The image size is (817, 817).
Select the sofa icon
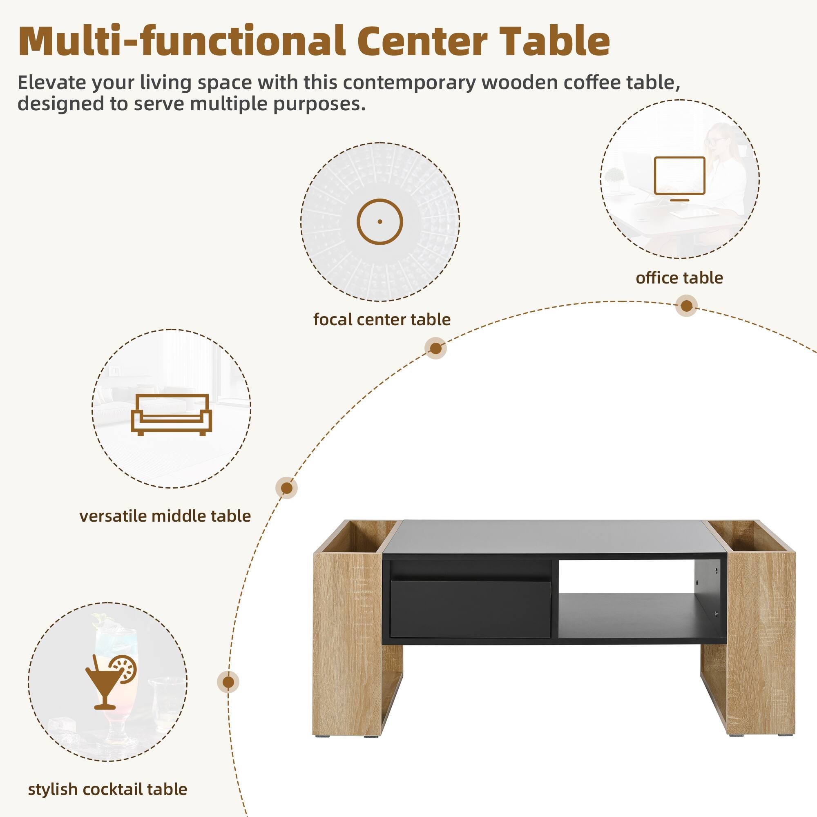(x=171, y=414)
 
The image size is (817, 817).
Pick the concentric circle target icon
(x=380, y=221)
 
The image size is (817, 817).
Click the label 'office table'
(x=679, y=278)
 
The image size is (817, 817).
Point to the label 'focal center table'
(x=382, y=319)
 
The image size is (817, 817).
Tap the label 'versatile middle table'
(x=165, y=516)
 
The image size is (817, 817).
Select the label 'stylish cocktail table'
(x=107, y=789)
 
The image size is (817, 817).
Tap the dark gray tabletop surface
(x=554, y=536)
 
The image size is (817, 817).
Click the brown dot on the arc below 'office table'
(x=686, y=306)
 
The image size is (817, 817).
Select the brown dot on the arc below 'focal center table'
(x=435, y=348)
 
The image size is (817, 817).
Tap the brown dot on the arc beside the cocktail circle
(x=228, y=682)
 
